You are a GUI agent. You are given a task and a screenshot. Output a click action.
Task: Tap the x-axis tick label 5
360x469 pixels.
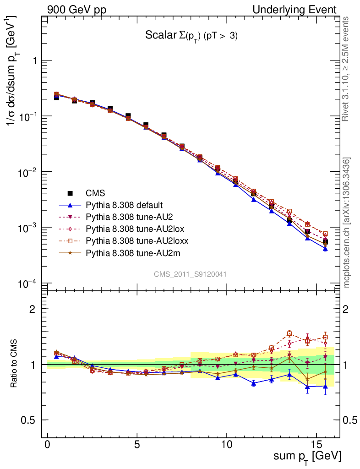[x=137, y=445]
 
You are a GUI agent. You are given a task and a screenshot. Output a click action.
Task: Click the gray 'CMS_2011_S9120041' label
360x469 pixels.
[x=191, y=274]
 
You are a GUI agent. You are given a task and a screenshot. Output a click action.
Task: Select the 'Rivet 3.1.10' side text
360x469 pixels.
[x=347, y=69]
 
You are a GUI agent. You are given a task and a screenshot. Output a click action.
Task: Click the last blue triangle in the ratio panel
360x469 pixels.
[x=325, y=387]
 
